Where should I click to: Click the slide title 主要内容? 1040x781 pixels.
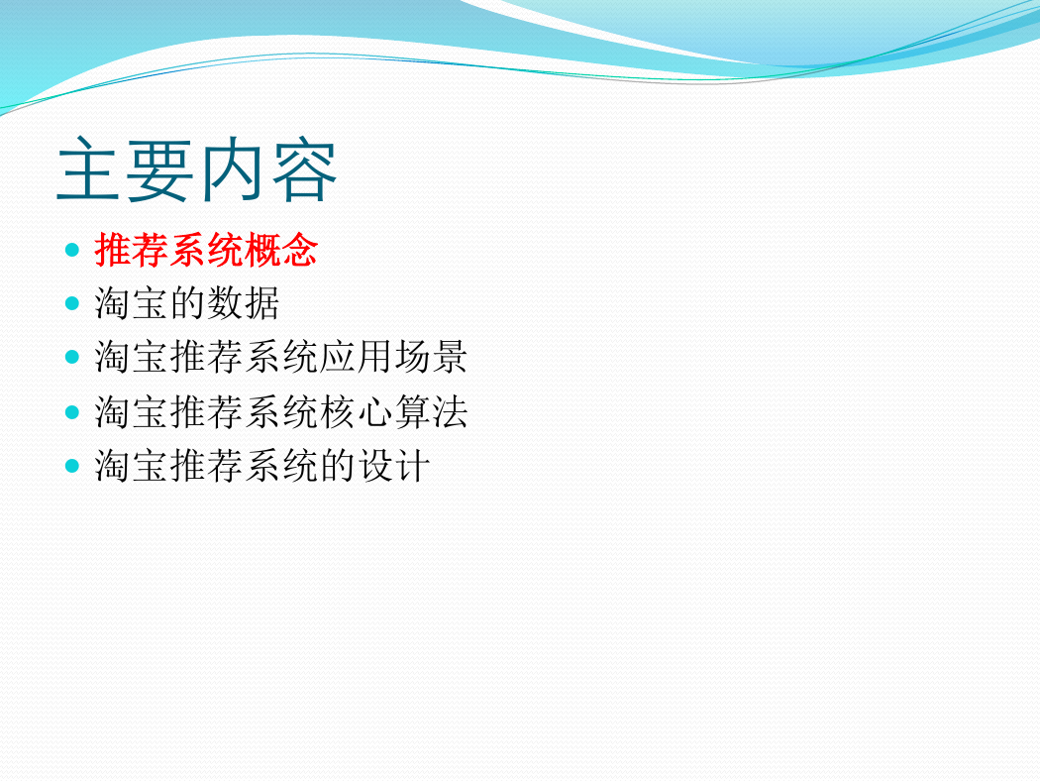coord(197,169)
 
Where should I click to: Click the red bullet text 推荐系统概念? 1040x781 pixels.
coord(206,250)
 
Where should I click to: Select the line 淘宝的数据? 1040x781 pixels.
coord(187,304)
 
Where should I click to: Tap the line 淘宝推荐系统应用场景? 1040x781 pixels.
coord(281,358)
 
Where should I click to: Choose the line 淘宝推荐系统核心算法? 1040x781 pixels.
coord(281,412)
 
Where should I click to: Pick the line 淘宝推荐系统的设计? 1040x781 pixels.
coord(262,466)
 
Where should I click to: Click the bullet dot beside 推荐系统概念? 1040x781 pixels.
coord(72,250)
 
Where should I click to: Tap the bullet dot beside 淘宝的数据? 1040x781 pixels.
coord(72,304)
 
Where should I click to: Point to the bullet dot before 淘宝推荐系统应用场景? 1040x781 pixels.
coord(72,358)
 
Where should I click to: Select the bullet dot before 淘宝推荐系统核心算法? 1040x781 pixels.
coord(72,412)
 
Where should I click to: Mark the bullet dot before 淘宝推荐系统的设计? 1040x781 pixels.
coord(72,466)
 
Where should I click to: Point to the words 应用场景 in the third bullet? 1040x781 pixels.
coord(394,358)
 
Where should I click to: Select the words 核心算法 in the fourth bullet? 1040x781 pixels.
coord(394,412)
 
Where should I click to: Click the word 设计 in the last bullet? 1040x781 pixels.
coord(394,466)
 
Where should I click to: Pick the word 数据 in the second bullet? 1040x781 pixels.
coord(244,304)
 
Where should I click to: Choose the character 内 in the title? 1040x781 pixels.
coord(232,169)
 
